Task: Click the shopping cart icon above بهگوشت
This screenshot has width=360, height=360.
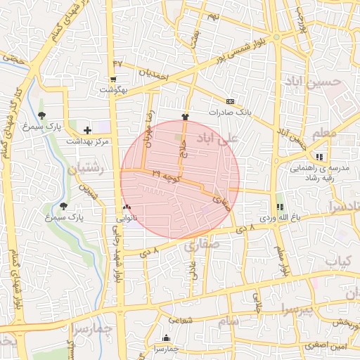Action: click(113, 79)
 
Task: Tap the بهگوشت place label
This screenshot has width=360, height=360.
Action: click(113, 90)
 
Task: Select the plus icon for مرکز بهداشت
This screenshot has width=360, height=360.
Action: click(87, 130)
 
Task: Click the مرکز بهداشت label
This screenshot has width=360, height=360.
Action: click(88, 141)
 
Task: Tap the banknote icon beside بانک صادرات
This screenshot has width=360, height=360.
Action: click(230, 101)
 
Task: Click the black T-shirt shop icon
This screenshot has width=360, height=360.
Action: click(185, 117)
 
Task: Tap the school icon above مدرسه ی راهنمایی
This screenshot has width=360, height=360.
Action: click(320, 157)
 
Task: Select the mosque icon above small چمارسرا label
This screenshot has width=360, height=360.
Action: click(166, 337)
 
